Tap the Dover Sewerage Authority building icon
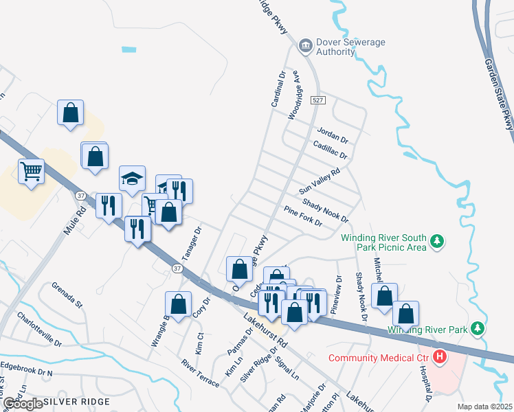[304, 47]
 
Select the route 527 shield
[317, 100]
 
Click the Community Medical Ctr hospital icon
[439, 358]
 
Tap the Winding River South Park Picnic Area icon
[436, 242]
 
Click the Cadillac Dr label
[330, 150]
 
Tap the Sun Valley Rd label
[320, 182]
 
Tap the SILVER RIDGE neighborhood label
[76, 401]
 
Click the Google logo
[22, 404]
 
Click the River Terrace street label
[200, 372]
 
